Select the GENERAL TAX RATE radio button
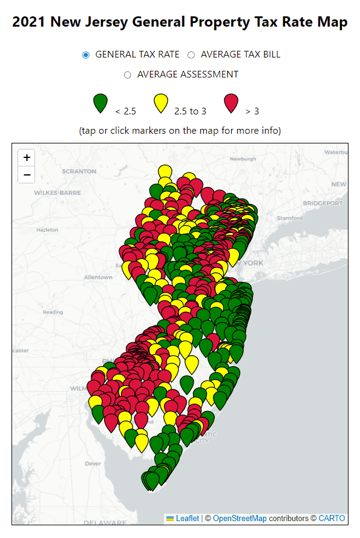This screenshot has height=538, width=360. click(x=86, y=54)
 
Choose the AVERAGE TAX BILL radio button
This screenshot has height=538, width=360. click(x=191, y=54)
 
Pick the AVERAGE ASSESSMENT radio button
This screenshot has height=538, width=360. click(x=127, y=75)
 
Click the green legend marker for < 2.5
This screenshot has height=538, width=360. click(x=100, y=103)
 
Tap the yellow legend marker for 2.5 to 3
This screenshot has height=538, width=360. click(x=160, y=103)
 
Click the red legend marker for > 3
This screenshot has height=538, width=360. click(x=231, y=103)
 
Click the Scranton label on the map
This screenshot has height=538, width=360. click(x=79, y=171)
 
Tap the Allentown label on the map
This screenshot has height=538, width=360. click(x=98, y=277)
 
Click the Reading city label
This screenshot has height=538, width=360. click(x=53, y=312)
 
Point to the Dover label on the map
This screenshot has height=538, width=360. click(x=93, y=464)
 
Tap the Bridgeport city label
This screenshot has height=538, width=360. click(x=327, y=203)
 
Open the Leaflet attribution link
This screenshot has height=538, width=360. click(x=187, y=519)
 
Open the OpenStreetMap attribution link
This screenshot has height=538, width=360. click(x=240, y=519)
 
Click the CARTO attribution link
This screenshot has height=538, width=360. click(x=332, y=519)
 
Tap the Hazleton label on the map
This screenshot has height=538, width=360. click(x=47, y=230)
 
